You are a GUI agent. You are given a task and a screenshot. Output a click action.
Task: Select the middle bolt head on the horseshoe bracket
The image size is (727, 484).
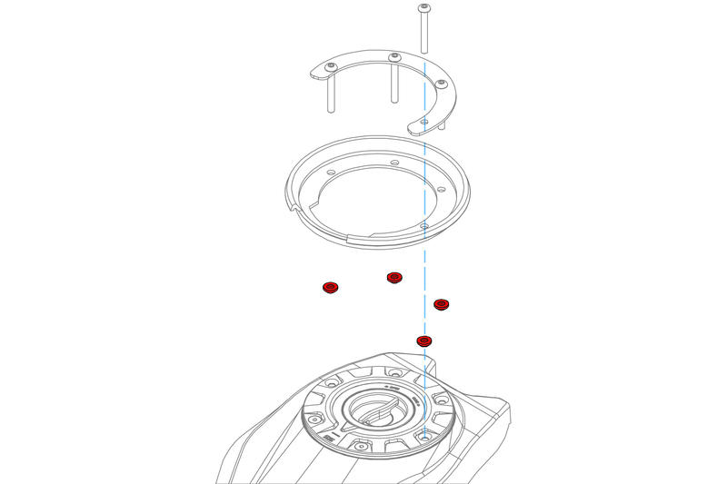coord(394,59)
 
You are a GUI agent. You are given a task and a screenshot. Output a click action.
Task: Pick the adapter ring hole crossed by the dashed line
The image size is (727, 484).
coord(425,223)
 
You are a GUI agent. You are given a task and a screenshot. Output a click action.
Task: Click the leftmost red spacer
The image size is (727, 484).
coord(330,288)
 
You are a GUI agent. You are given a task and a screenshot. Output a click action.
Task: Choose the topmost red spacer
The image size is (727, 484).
coord(393,277)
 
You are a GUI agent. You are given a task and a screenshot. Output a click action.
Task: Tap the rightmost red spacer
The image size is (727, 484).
coord(442,304)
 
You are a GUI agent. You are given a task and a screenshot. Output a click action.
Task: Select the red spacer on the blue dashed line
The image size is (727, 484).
coord(423,341)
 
